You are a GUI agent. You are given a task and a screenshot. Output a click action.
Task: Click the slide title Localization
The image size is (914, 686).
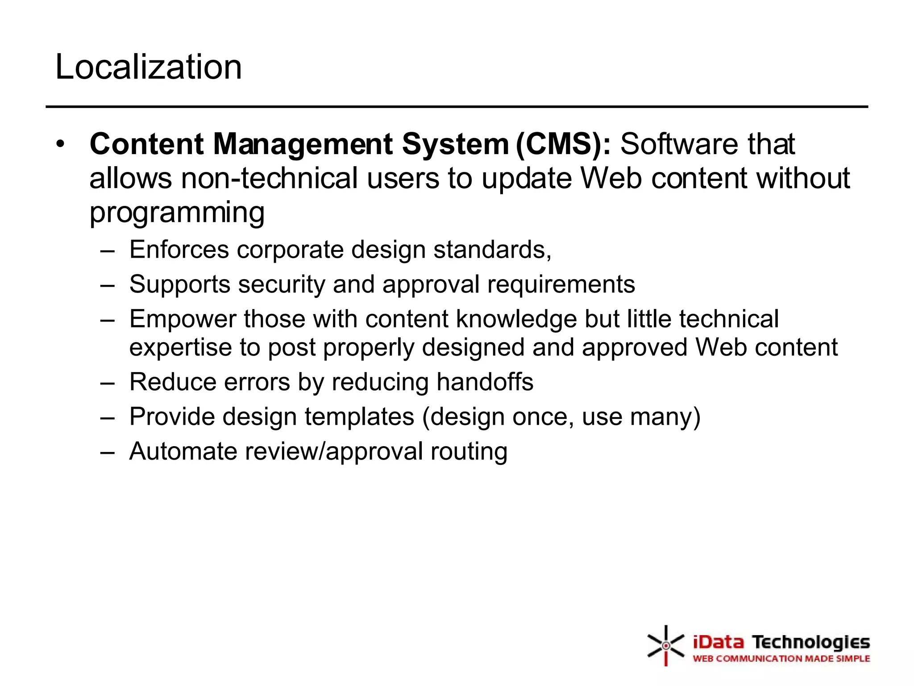coord(148,67)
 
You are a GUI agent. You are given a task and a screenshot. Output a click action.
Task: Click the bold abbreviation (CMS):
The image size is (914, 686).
coord(563,144)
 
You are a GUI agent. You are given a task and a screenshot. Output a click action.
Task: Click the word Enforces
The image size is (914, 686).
coord(179,249)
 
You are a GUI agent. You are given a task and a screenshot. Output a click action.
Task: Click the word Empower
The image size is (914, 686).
coord(182,319)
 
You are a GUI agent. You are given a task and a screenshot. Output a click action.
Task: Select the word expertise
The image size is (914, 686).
coord(180,348)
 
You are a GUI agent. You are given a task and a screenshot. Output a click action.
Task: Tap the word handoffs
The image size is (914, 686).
coord(485,382)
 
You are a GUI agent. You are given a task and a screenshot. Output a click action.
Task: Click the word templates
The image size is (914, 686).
coord(359,417)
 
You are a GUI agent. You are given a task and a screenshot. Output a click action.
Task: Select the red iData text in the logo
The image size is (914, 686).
coord(719,643)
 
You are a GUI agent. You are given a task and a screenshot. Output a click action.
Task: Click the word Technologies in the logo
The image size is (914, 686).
coord(811,643)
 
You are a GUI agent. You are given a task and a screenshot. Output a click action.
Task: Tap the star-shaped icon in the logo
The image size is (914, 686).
coord(666,645)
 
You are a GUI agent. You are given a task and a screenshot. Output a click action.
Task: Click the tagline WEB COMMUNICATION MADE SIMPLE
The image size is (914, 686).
coord(781,659)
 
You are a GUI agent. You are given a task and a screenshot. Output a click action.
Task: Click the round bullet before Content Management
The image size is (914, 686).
coord(61,144)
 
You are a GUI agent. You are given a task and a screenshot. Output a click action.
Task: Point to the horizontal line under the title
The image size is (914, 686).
coord(457,107)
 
